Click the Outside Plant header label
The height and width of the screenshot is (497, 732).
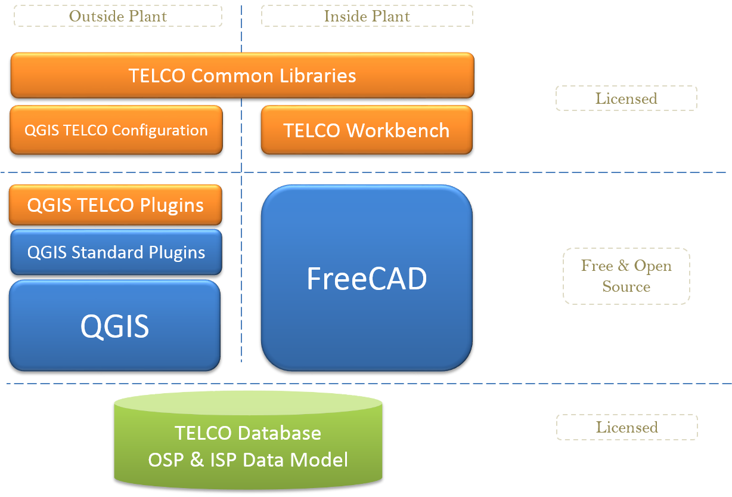point(117,16)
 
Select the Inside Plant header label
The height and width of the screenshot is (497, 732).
point(367,16)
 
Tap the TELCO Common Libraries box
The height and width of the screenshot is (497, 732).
point(242,76)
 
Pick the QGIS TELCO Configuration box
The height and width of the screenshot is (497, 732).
point(116,130)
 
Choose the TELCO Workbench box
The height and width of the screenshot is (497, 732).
point(367,130)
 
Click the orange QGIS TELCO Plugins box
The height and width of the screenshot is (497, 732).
point(116,205)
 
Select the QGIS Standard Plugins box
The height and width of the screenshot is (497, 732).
point(116,252)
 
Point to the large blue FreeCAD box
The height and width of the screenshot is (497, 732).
point(367,278)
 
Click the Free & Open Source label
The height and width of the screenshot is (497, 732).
point(626,276)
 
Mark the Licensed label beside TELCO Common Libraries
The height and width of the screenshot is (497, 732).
point(626,98)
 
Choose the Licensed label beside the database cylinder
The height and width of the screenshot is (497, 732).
point(626,427)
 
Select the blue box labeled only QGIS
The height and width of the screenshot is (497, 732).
point(114,326)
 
